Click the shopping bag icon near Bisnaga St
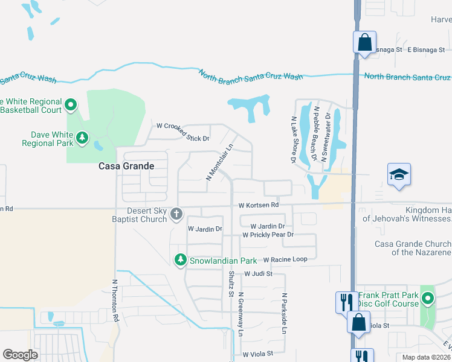pyautogui.click(x=364, y=43)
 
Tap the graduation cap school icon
pyautogui.click(x=399, y=175)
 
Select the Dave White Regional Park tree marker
pyautogui.click(x=82, y=139)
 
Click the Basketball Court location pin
pyautogui.click(x=71, y=106)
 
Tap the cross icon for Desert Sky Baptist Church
pyautogui.click(x=176, y=214)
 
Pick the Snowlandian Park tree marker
pyautogui.click(x=180, y=260)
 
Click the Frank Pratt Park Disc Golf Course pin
pyautogui.click(x=428, y=299)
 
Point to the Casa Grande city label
pyautogui.click(x=127, y=166)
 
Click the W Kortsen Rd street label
pyautogui.click(x=258, y=205)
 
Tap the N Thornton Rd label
pyautogui.click(x=116, y=300)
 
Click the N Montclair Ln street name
pyautogui.click(x=219, y=162)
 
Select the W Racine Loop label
pyautogui.click(x=286, y=259)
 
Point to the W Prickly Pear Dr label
pyautogui.click(x=268, y=235)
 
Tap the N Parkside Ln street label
pyautogui.click(x=283, y=314)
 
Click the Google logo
pyautogui.click(x=20, y=355)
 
